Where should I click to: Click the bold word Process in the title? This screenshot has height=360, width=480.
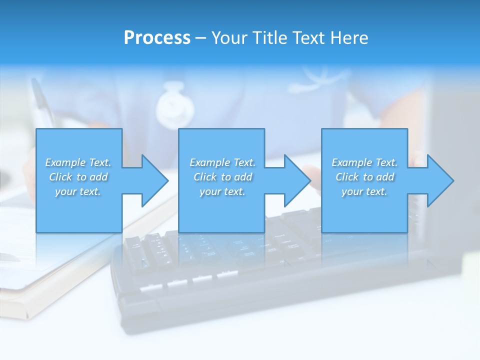(x=157, y=38)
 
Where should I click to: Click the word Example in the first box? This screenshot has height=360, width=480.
(x=65, y=162)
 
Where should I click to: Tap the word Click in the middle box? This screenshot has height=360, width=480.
(x=205, y=177)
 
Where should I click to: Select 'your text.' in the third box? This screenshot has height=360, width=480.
(x=364, y=191)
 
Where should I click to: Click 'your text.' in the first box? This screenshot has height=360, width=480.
(x=78, y=191)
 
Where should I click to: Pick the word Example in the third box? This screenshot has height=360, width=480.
(x=352, y=162)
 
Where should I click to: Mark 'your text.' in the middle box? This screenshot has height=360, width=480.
(x=222, y=191)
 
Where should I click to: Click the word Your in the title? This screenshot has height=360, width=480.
(x=230, y=38)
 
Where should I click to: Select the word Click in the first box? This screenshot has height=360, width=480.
(x=60, y=177)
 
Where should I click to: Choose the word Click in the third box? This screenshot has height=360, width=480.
(x=347, y=177)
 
